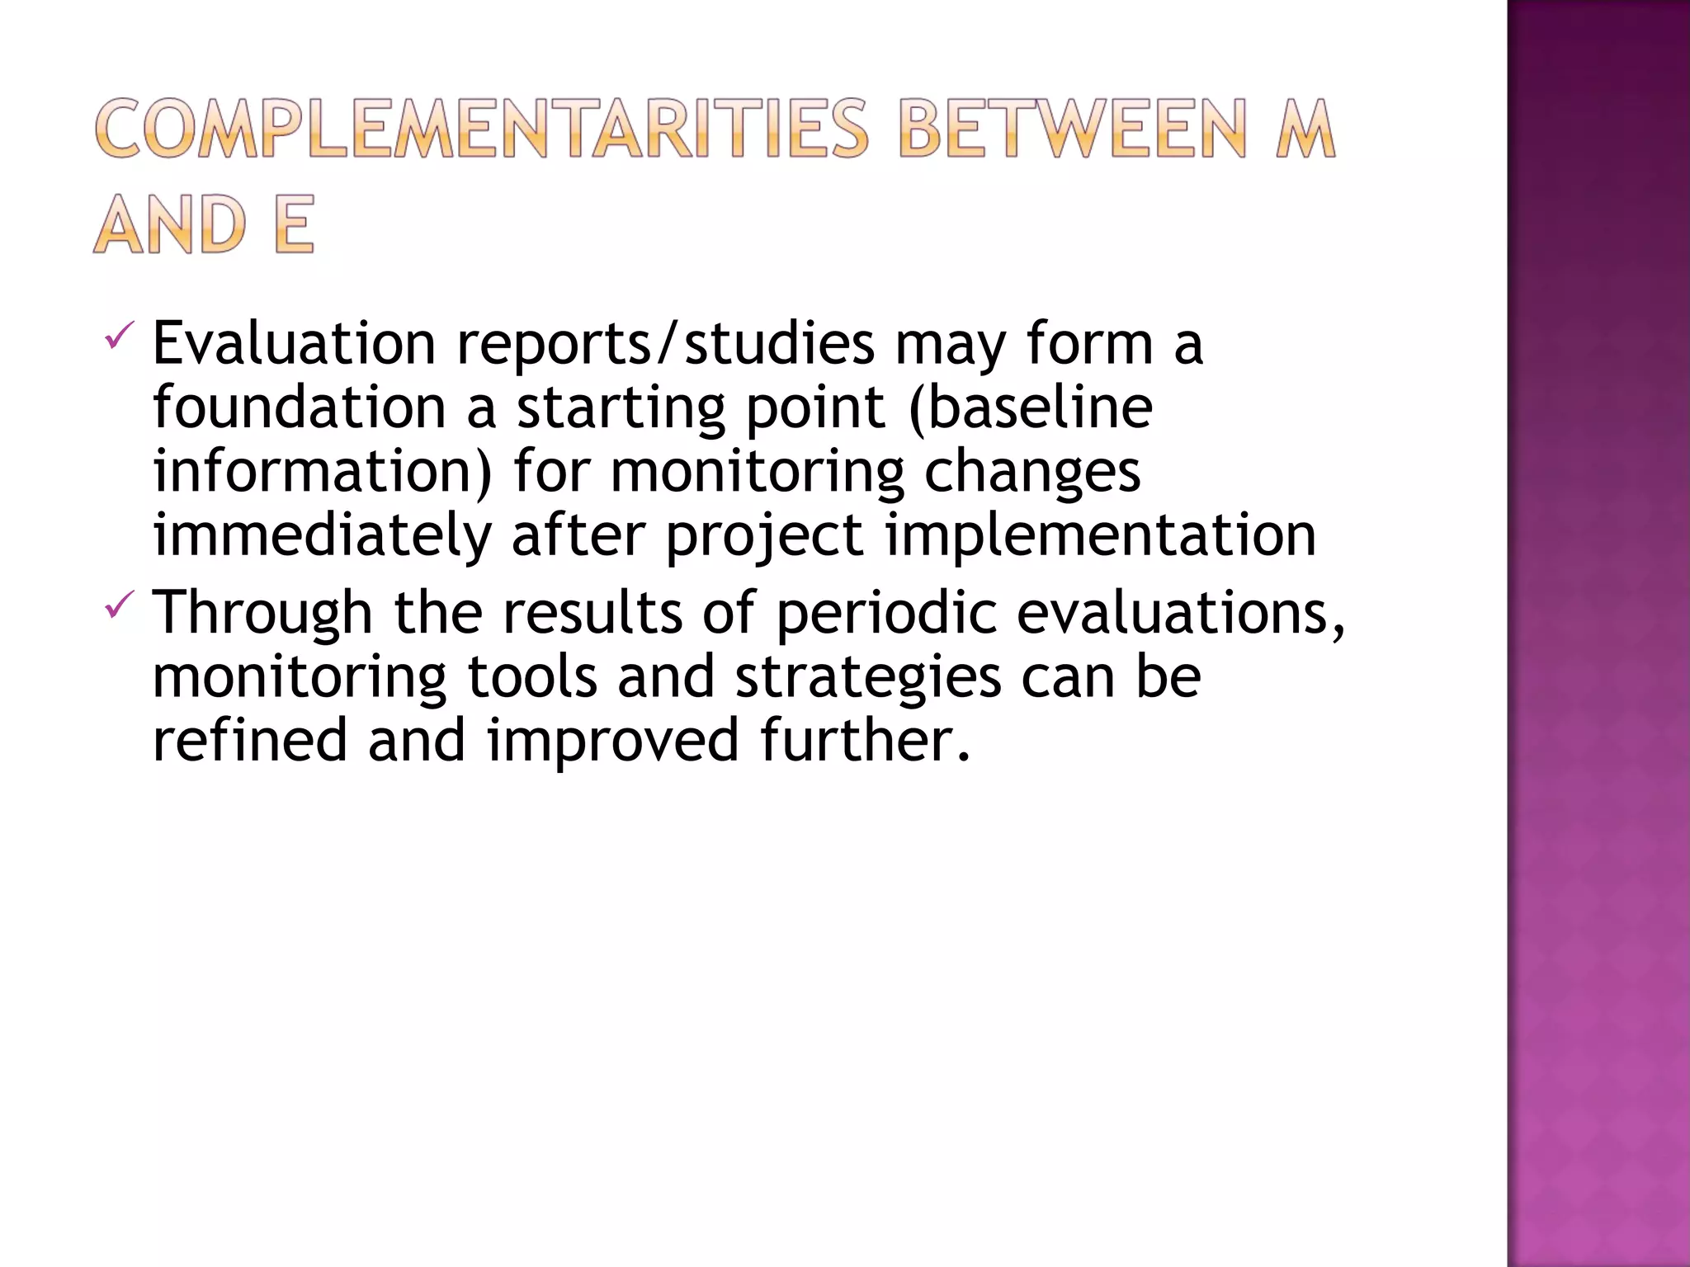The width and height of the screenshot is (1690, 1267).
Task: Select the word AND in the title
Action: (x=170, y=224)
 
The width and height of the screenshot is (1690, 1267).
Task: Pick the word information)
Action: (x=323, y=471)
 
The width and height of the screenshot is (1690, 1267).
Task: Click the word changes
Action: (x=1031, y=473)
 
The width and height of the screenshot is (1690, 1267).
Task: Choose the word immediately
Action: (x=323, y=535)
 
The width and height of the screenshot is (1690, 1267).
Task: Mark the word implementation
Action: (x=1101, y=535)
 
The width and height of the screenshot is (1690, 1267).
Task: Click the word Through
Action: (x=262, y=613)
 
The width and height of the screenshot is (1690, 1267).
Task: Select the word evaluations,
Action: (x=1181, y=613)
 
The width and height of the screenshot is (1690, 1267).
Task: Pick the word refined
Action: (x=250, y=740)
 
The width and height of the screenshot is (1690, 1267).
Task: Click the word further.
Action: (x=865, y=740)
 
